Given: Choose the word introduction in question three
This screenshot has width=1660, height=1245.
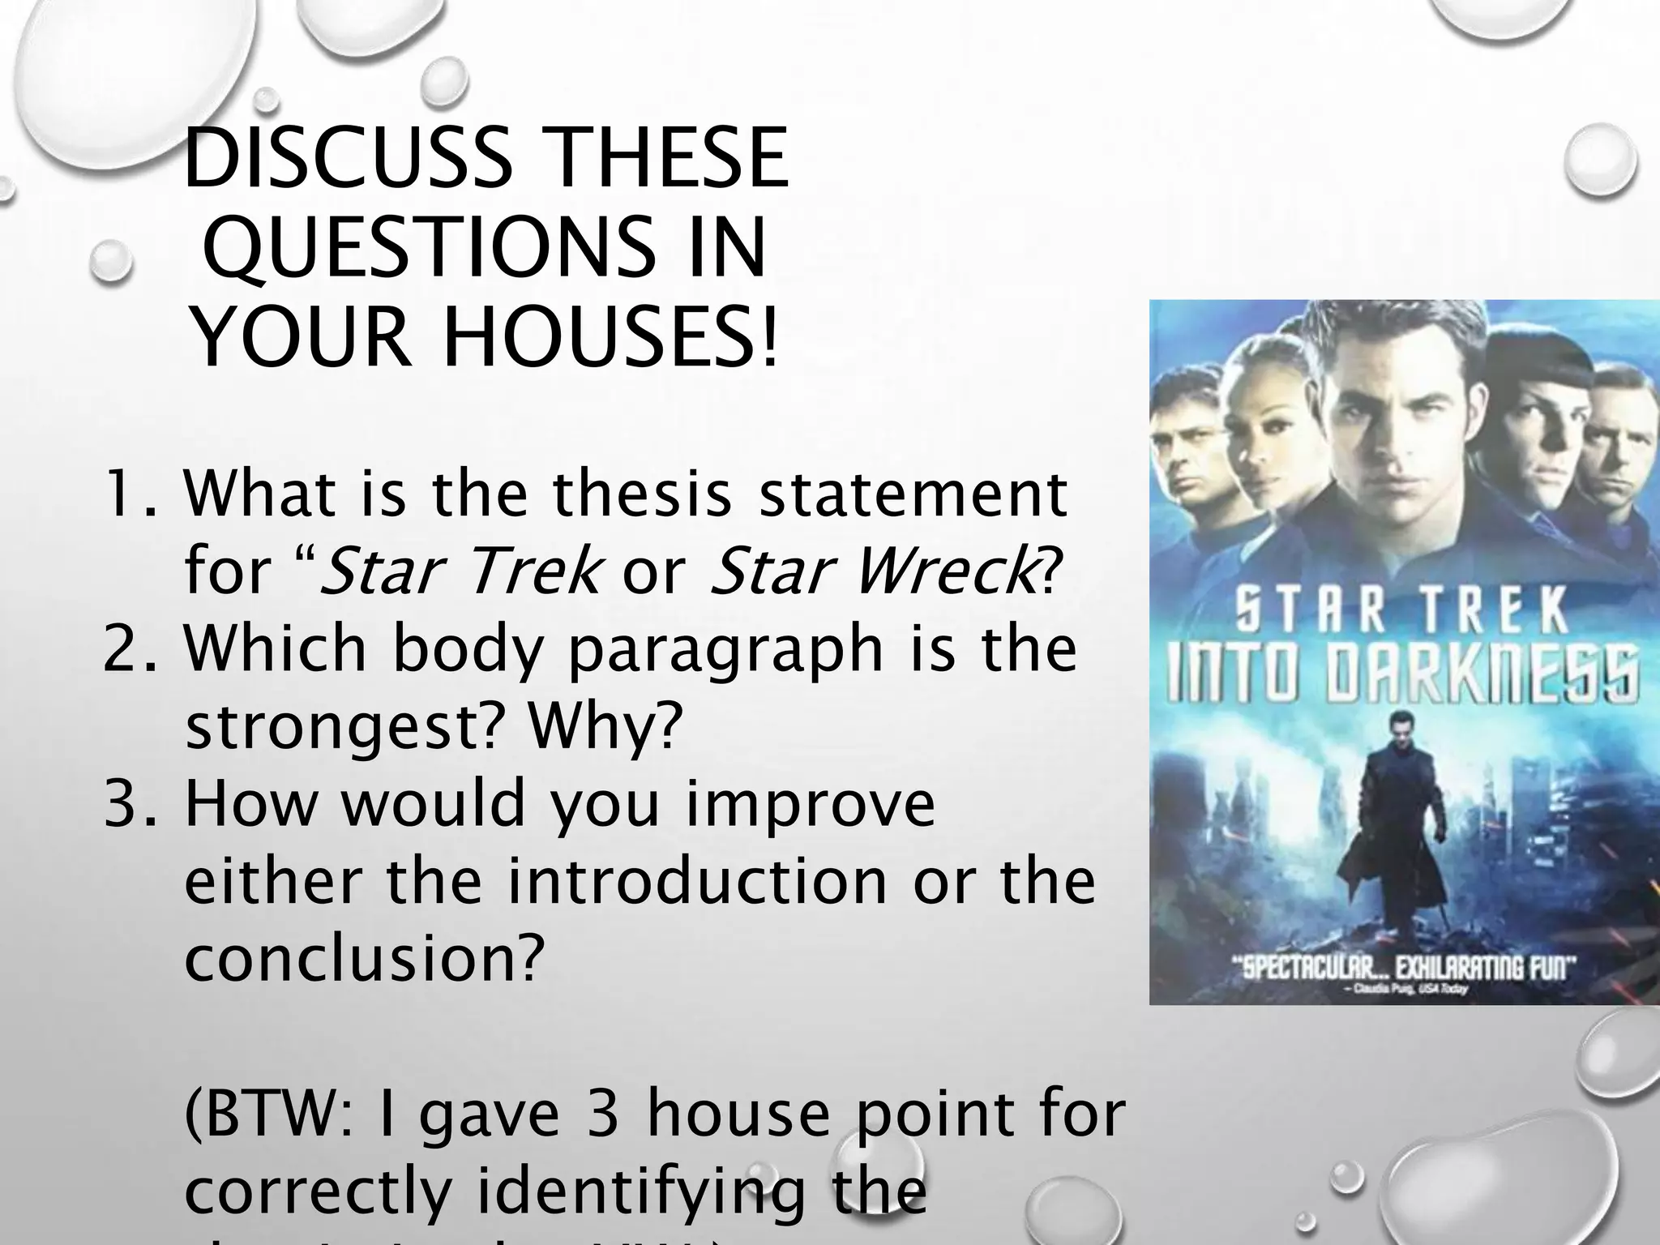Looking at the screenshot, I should coord(698,881).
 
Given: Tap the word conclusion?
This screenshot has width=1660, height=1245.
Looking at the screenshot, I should coord(362,959).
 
